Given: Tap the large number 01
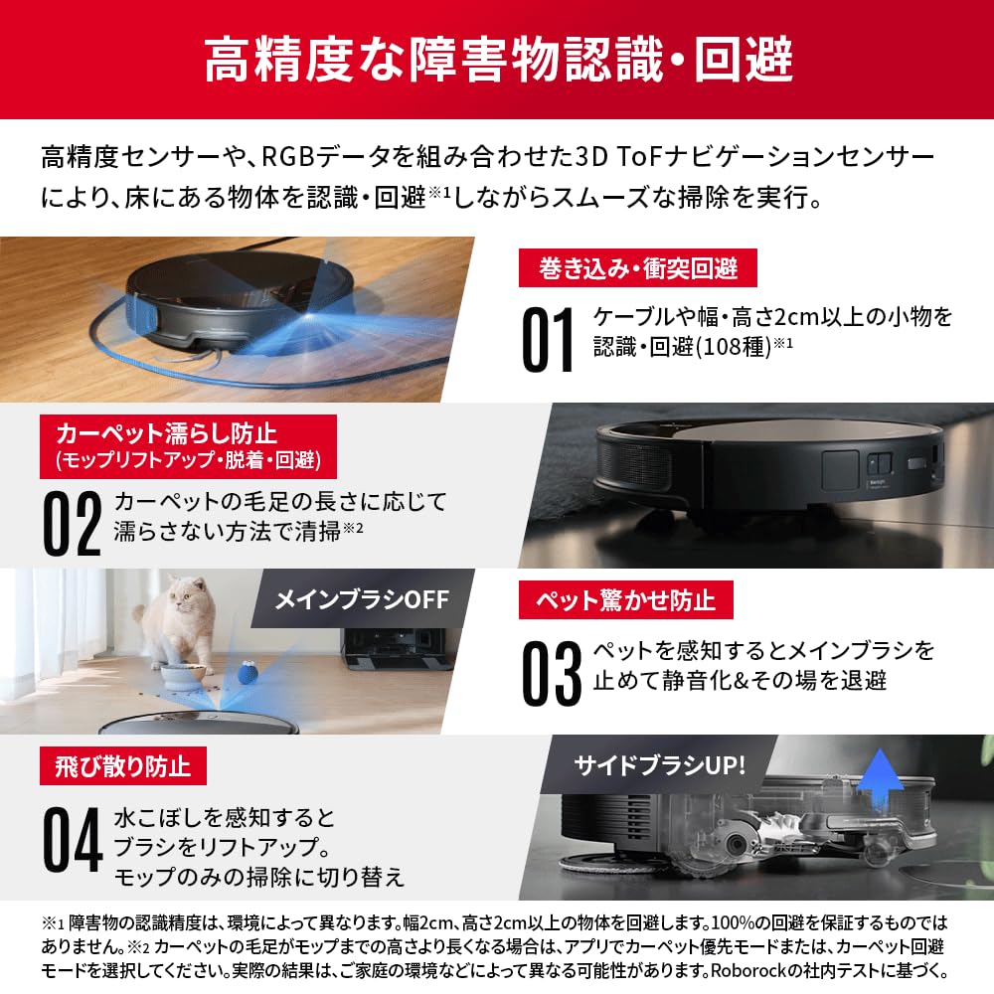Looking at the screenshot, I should click(x=549, y=341).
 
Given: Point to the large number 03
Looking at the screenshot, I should click(x=551, y=673).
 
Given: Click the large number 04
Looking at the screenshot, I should click(x=73, y=838).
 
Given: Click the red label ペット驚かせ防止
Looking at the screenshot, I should click(x=626, y=600).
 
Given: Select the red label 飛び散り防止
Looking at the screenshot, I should click(x=129, y=766).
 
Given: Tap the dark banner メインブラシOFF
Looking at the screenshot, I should click(x=363, y=598).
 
